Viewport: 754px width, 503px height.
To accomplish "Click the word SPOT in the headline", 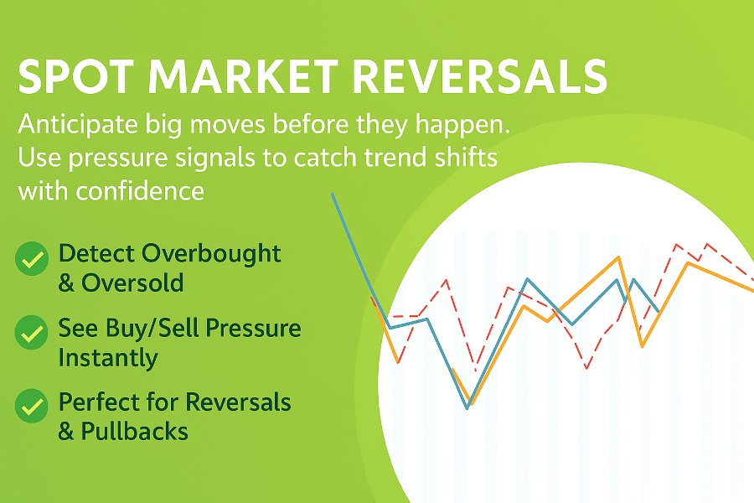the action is point(76,76).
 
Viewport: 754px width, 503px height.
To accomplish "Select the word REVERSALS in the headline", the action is point(480,76).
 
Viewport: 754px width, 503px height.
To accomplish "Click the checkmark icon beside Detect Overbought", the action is point(32,258).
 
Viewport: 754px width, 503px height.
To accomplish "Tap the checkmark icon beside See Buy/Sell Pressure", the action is point(32,332).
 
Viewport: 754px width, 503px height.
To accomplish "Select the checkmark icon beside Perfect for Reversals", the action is point(32,406).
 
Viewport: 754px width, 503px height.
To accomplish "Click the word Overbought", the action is point(212,254).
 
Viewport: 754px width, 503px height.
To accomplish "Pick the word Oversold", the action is point(132,283).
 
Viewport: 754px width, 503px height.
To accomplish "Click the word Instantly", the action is point(108,358).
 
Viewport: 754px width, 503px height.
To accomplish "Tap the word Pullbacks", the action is point(134,431).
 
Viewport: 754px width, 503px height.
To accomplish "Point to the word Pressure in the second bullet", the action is point(253,329).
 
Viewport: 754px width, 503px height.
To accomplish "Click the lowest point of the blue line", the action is point(467,408).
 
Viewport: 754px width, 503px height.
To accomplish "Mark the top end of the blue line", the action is point(332,194).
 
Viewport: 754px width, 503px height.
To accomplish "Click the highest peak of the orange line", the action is point(618,258).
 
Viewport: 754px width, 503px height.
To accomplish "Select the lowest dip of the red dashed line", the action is point(586,369).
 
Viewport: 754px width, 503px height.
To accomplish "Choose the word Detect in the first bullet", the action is point(98,253).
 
